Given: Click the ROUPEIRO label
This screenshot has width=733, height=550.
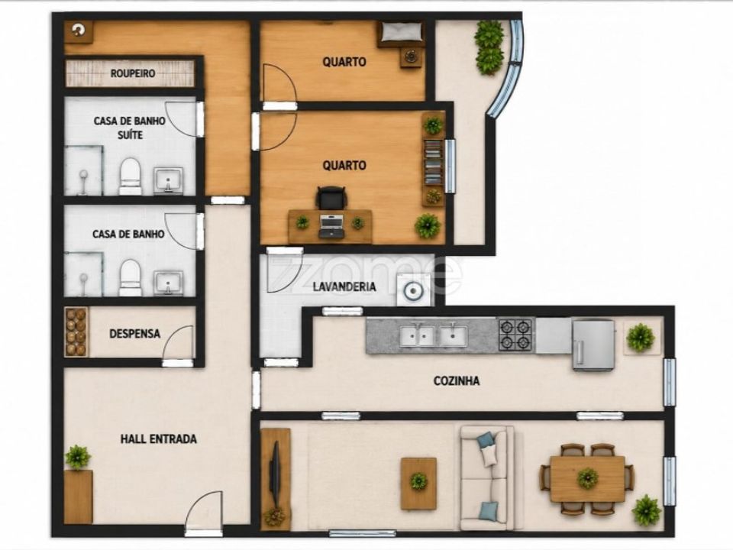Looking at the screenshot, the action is tap(133, 73).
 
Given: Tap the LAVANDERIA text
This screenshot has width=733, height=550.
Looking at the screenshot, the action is tap(344, 286).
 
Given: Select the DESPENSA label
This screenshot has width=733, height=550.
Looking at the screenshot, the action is tap(134, 334).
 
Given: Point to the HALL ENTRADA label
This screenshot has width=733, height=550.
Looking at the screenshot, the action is tap(159, 439).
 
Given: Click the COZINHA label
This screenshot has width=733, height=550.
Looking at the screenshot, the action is tap(457, 380).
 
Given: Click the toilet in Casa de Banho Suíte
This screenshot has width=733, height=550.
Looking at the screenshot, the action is tap(130, 176).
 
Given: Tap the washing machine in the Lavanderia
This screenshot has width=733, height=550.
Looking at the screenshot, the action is tap(413, 290).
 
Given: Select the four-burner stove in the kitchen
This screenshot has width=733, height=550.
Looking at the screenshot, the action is tap(516, 335).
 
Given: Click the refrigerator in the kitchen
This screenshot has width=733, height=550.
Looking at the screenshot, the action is tap(593, 345).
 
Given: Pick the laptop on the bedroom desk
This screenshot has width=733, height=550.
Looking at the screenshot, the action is tap(331, 226).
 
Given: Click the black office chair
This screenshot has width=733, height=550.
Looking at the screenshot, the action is tap(332, 198).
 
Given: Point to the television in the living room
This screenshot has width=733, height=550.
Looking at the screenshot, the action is tap(275, 474).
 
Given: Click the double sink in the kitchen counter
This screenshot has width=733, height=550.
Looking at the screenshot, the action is tap(434, 335).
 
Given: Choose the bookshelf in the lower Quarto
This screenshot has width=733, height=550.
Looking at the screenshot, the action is tap(433, 162).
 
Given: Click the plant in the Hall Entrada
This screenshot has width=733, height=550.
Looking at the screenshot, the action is tap(78, 458).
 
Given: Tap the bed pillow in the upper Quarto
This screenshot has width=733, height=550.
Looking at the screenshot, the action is tap(399, 32).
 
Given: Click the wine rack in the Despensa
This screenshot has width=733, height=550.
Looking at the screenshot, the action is tap(76, 332).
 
